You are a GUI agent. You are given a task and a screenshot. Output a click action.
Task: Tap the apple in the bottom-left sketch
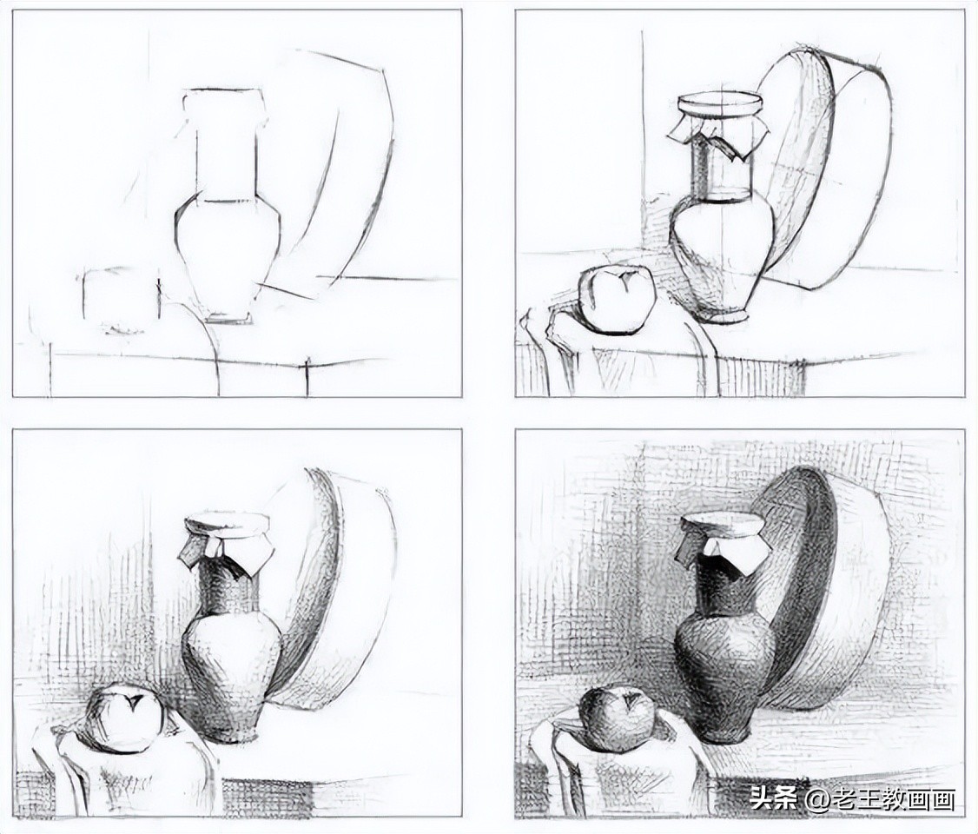click(x=125, y=718)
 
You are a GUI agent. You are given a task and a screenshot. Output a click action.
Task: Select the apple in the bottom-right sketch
click(x=617, y=719)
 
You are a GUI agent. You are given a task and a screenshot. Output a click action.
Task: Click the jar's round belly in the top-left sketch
click(x=228, y=255)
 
